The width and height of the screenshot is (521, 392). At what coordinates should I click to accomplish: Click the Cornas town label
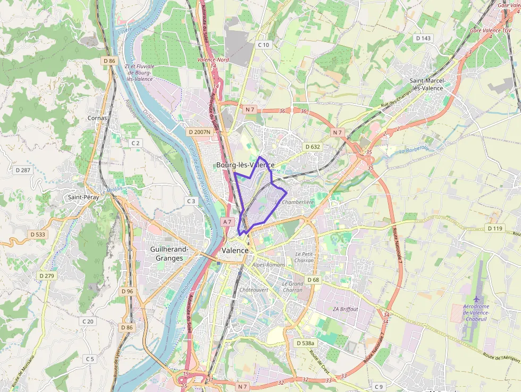click(x=97, y=118)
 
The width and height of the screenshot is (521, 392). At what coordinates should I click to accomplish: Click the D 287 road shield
click(x=23, y=170)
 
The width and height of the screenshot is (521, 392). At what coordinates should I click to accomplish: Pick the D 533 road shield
click(x=38, y=234)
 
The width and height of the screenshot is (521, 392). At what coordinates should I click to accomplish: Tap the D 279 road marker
click(x=47, y=276)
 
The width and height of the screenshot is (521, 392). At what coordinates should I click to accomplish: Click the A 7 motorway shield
click(x=228, y=221)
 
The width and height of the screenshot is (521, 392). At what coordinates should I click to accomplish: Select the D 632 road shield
click(x=313, y=146)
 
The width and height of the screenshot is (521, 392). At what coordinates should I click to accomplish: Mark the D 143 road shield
click(x=423, y=38)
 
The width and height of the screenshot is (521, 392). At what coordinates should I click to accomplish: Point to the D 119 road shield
click(x=494, y=228)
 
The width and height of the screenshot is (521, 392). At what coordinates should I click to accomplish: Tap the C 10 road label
click(x=263, y=45)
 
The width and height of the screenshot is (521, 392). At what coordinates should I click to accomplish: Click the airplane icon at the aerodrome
click(x=476, y=301)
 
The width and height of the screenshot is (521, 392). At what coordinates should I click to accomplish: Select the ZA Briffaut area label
click(x=346, y=309)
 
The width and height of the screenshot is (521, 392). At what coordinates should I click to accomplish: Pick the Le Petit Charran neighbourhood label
click(x=304, y=257)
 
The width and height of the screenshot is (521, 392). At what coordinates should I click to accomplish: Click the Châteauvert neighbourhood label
click(x=253, y=290)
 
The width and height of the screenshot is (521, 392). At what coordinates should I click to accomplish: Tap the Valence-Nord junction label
click(x=213, y=60)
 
